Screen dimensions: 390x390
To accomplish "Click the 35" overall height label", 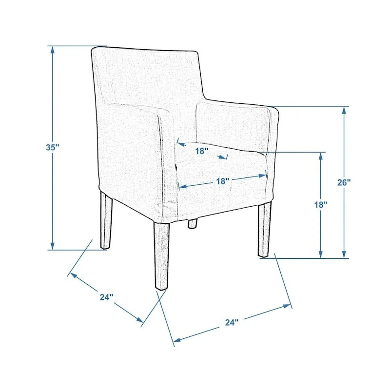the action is pos(53,147).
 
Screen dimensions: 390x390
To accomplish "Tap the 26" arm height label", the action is pos(344,182).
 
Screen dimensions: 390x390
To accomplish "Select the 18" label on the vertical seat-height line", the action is pos(321,205).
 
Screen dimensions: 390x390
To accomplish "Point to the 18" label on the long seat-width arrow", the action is pos(222,181).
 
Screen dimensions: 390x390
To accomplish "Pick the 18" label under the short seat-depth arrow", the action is pos(201,151).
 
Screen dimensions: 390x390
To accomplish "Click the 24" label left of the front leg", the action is pos(106,297).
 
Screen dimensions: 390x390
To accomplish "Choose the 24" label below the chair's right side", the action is pos(232,322).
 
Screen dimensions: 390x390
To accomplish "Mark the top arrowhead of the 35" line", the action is pos(53,50).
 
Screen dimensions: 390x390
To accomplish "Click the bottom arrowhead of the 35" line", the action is pos(53,246).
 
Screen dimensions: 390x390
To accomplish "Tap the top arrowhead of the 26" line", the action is pos(344,110).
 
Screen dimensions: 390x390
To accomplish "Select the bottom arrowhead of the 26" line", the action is pos(344,254).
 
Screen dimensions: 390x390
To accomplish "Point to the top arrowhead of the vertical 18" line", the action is pos(321,156).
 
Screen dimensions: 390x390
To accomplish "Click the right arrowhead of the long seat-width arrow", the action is pos(262,176).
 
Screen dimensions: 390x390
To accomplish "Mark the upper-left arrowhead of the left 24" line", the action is pos(73,275).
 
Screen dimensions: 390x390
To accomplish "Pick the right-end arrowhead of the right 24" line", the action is pos(287,306).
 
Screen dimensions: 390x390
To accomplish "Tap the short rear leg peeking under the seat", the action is pos(192,223).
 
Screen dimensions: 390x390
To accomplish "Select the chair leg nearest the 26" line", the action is pos(264,230).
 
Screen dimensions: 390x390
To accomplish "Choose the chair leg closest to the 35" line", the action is pos(106,220).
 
